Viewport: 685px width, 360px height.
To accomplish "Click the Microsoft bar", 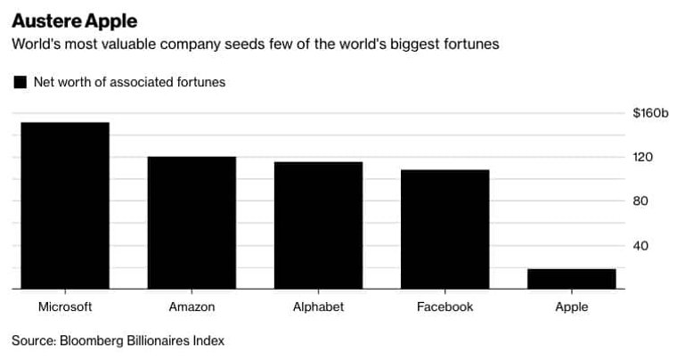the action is click(65, 206).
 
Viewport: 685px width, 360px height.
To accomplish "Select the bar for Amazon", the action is click(192, 223).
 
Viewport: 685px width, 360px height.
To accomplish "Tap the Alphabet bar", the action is click(319, 225).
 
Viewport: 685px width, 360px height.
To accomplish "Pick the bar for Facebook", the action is click(444, 229).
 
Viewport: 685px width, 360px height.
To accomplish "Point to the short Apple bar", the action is click(571, 279).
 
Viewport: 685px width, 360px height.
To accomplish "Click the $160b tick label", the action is click(650, 113).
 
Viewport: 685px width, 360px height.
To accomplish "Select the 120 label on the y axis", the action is click(642, 158).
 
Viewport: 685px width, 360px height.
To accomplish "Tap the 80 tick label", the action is click(640, 201).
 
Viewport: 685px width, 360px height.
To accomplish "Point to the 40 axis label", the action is click(640, 246).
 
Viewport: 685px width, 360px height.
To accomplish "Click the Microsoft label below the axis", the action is click(65, 307).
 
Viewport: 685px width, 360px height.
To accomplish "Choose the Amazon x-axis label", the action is click(192, 307).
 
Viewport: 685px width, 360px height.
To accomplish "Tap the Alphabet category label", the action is click(319, 307).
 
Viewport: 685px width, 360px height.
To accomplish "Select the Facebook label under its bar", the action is click(444, 307).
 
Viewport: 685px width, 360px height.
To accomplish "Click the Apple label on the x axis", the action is click(571, 307).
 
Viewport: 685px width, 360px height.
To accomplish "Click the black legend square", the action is click(20, 82).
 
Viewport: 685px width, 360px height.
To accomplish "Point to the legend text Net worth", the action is click(62, 82).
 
